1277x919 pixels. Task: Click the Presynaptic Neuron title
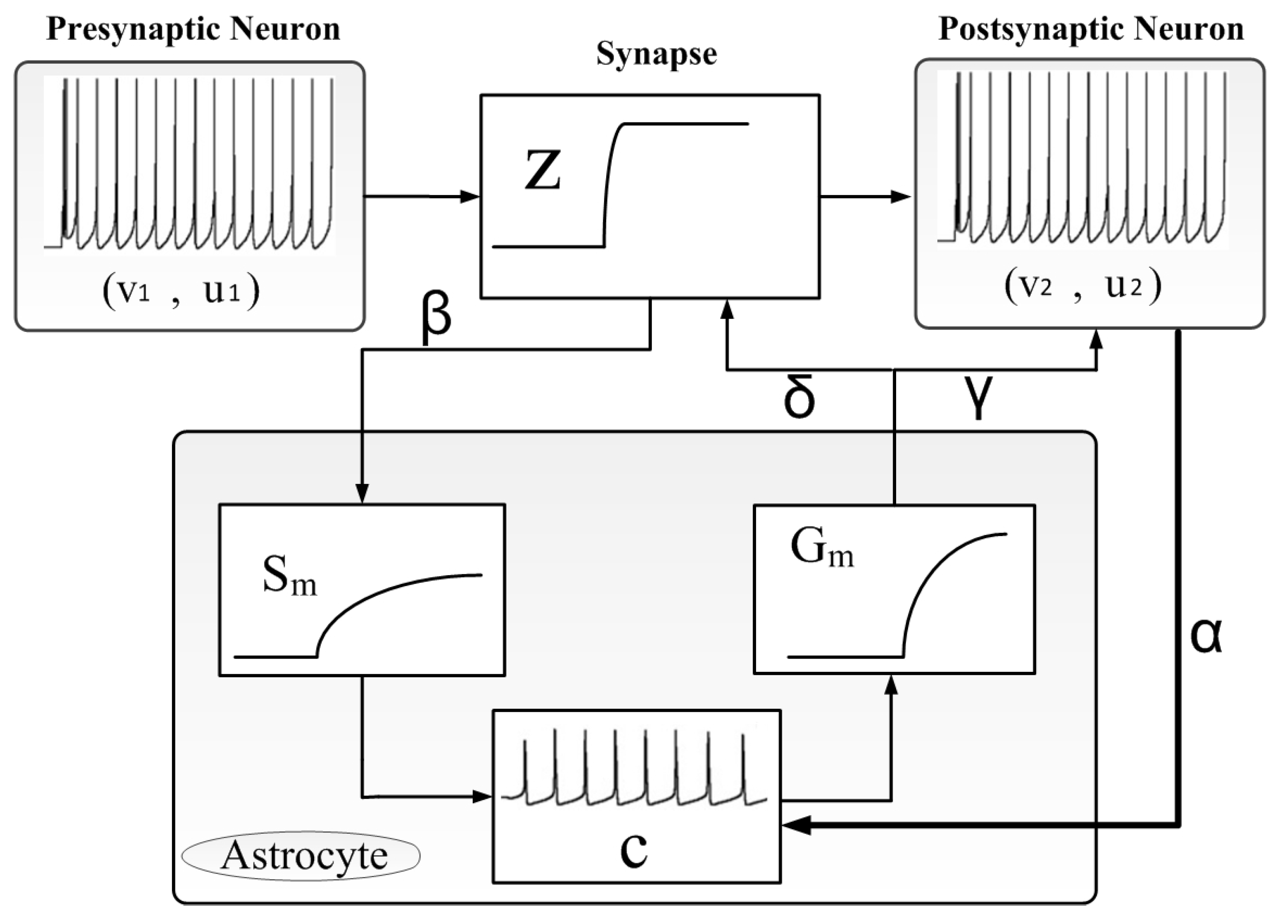click(x=193, y=29)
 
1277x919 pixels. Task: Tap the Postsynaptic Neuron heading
click(x=1091, y=29)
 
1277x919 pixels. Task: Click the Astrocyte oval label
click(x=301, y=856)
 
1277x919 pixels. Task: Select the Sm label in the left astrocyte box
click(x=289, y=577)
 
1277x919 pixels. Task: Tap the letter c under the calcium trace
click(x=634, y=850)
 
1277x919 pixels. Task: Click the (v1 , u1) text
click(x=181, y=292)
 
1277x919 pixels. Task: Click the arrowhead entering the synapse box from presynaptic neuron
click(x=470, y=197)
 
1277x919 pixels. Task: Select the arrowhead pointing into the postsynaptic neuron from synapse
click(x=901, y=197)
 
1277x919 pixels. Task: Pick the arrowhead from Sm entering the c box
click(x=482, y=796)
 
